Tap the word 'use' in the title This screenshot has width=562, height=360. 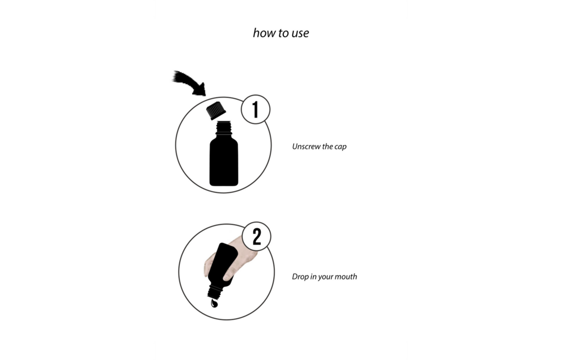click(300, 34)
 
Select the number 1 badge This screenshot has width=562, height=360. click(256, 109)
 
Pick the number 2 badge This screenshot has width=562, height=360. click(257, 236)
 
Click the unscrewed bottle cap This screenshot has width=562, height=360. click(216, 110)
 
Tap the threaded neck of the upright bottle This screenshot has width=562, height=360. click(224, 128)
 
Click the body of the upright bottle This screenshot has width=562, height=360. click(224, 160)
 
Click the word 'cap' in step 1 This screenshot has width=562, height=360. click(341, 147)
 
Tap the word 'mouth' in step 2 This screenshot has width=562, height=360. click(346, 277)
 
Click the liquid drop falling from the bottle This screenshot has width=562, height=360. click(214, 303)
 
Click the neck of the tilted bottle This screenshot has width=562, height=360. click(215, 291)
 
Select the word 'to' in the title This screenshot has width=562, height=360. click(283, 33)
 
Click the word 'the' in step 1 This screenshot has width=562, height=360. click(328, 146)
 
